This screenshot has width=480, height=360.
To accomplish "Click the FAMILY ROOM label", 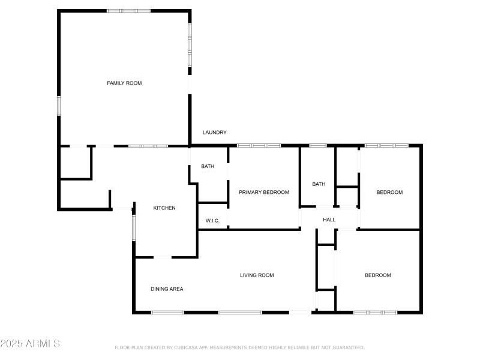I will (124, 83).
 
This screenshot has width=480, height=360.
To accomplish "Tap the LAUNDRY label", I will (214, 133).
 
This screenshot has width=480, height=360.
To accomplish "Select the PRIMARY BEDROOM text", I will (264, 193).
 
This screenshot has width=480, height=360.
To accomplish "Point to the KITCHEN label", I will (164, 208).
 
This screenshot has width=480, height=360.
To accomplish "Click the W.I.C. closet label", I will (212, 221).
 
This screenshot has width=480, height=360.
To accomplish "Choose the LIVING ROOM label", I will (257, 275).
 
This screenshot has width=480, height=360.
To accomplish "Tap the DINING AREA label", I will (167, 289).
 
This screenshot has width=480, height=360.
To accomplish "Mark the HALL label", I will (329, 220).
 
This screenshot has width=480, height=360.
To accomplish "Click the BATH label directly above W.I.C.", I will (208, 167).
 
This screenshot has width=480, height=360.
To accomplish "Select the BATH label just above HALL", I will (319, 184).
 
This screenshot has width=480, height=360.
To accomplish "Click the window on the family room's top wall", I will (128, 11).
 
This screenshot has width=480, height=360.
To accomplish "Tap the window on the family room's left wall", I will (59, 106).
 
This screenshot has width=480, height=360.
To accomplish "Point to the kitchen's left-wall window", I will (134, 227).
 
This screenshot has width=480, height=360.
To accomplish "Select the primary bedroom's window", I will (259, 145).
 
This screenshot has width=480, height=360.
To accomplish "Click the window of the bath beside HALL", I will (318, 145).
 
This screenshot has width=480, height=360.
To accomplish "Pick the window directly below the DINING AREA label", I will (167, 312).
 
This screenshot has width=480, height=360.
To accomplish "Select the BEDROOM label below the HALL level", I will (378, 275).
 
